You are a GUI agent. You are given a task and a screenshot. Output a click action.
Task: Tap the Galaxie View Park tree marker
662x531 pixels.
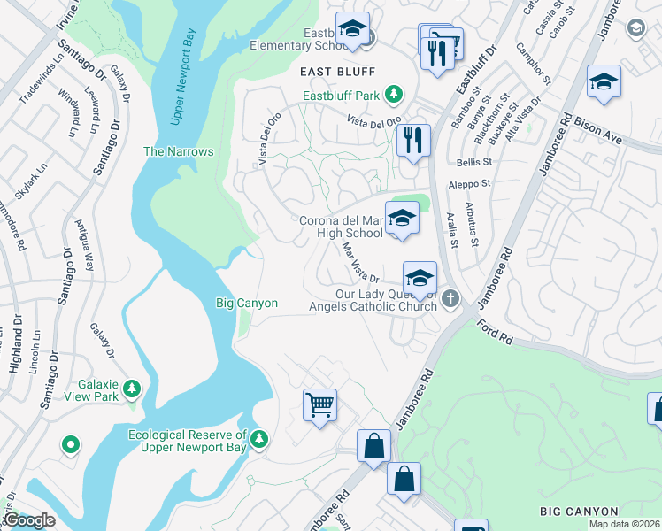click(x=132, y=389)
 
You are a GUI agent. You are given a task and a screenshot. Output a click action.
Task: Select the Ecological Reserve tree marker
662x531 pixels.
click(x=258, y=439)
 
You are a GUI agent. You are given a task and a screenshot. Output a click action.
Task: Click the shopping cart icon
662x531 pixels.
click(x=319, y=404)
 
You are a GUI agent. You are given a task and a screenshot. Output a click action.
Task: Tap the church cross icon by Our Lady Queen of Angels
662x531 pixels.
click(x=450, y=298)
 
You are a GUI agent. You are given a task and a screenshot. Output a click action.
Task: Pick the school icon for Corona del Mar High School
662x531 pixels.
click(x=402, y=219)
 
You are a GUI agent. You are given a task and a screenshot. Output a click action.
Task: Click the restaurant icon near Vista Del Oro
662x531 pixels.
click(x=413, y=140)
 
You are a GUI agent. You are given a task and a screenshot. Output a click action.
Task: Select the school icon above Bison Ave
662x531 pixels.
click(x=604, y=81)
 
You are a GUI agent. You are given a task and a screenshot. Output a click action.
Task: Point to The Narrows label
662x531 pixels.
click(x=179, y=151)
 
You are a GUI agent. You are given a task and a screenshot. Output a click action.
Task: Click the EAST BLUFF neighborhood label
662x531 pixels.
click(x=337, y=71)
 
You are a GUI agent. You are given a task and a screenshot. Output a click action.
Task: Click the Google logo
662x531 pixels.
click(x=29, y=520)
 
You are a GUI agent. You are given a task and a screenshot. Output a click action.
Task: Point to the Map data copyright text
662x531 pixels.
click(x=624, y=524)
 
